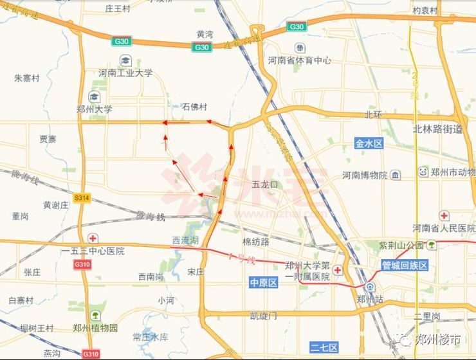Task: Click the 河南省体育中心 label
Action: [x=300, y=60]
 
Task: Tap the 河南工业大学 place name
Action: [x=126, y=73]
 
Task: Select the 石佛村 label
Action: [x=195, y=107]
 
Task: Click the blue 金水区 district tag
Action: [x=369, y=143]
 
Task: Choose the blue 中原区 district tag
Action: [x=263, y=283]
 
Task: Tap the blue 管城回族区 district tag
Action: [x=405, y=265]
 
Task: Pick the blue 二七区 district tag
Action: [x=324, y=347]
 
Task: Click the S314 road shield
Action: [x=82, y=198]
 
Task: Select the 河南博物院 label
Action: [x=364, y=175]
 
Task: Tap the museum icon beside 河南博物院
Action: [x=396, y=174]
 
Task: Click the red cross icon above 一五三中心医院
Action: [x=93, y=239]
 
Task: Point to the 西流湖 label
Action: [x=185, y=240]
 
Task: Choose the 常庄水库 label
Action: [x=150, y=336]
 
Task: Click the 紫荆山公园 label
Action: [x=401, y=245]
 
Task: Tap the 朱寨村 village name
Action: [x=27, y=78]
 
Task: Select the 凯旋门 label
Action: [x=263, y=316]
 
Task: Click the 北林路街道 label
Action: [x=437, y=129]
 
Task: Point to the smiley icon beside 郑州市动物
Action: [x=423, y=172]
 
